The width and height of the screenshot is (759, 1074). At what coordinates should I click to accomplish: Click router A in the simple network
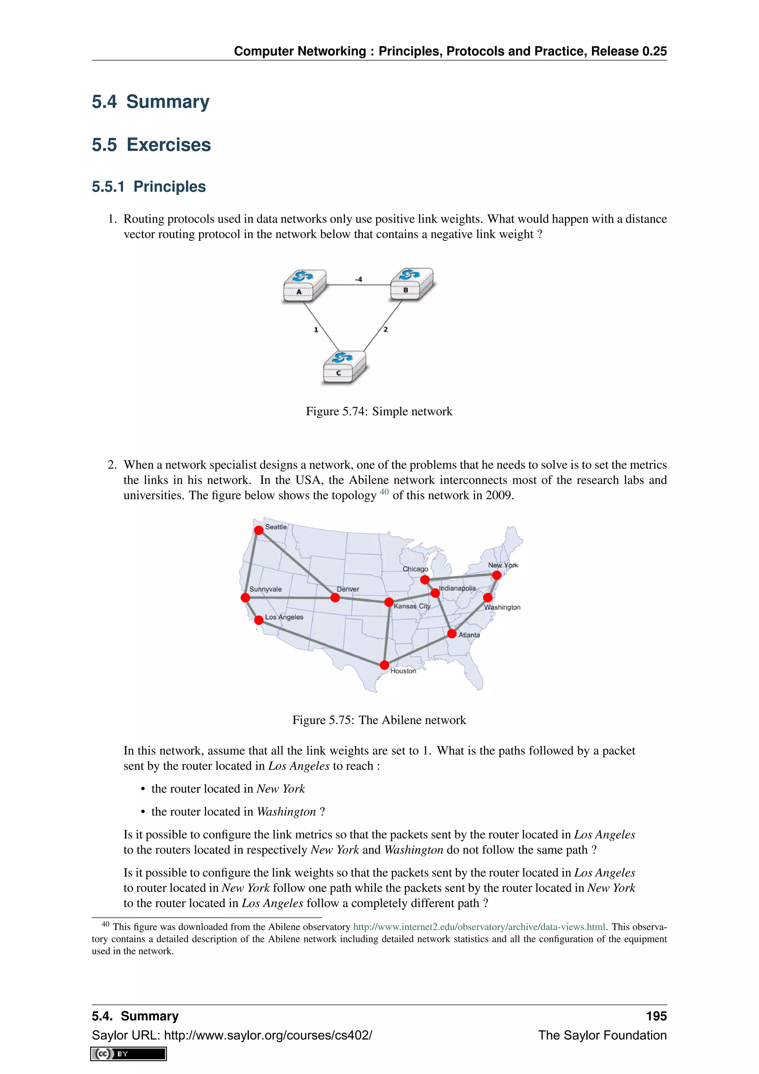click(x=304, y=285)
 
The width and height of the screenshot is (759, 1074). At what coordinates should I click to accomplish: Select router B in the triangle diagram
click(x=411, y=283)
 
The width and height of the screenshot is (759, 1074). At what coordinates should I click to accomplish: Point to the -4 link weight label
click(x=358, y=279)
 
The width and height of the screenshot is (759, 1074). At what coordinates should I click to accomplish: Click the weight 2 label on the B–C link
click(x=385, y=329)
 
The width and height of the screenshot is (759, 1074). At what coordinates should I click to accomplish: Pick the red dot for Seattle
click(x=258, y=530)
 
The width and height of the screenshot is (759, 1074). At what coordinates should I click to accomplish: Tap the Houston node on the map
click(x=384, y=665)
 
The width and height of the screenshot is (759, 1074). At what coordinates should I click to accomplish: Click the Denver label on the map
click(x=348, y=589)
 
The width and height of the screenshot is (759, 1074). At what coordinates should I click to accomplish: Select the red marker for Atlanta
click(x=451, y=634)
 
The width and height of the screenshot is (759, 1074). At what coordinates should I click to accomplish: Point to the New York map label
click(x=503, y=565)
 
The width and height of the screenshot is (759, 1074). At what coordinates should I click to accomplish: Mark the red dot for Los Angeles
click(x=258, y=620)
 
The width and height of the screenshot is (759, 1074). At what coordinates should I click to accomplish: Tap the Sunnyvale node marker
click(x=245, y=597)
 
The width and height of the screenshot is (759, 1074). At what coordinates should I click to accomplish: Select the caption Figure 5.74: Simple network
click(x=379, y=411)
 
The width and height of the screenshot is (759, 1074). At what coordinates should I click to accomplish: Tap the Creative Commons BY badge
click(x=129, y=1054)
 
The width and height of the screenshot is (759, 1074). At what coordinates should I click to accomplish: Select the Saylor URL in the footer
click(x=232, y=1035)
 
